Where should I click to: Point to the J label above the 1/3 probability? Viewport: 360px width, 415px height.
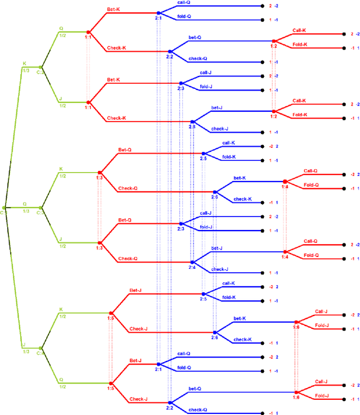tap(24, 345)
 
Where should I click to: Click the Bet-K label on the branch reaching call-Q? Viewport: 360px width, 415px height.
tap(114, 10)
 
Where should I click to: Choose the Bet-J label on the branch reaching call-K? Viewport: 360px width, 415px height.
tap(136, 290)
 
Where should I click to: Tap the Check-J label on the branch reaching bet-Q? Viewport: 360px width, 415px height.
tap(138, 399)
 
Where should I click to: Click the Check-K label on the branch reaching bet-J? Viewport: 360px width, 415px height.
tap(116, 118)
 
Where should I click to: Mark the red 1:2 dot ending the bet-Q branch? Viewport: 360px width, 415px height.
tap(274, 40)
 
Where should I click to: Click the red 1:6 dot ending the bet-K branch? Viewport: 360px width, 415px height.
tap(296, 322)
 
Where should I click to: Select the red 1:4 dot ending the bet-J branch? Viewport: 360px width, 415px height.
tap(285, 251)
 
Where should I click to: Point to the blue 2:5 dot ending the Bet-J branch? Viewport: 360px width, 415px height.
tap(203, 294)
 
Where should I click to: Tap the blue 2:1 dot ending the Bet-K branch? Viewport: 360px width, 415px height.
tap(159, 12)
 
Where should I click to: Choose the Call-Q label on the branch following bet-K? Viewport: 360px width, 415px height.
tap(311, 170)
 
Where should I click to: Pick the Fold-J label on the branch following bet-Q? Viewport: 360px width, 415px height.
tap(322, 395)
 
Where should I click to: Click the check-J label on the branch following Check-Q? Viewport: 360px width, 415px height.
tap(219, 269)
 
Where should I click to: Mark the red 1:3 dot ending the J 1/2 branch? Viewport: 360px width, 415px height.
tap(99, 242)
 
